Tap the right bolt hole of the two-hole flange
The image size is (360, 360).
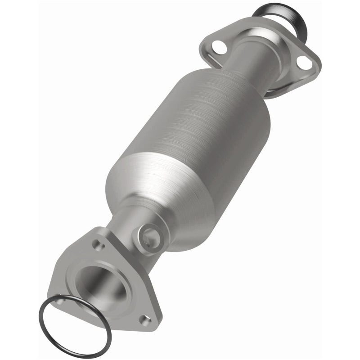(304, 63)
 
